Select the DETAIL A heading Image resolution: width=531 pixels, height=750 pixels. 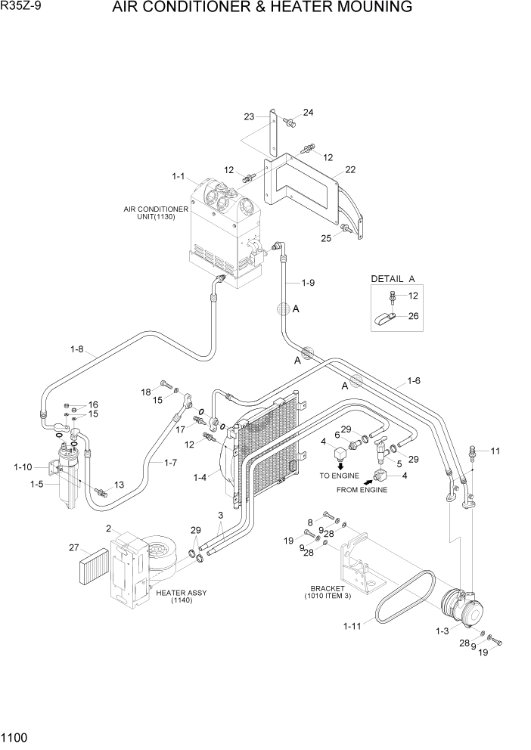tap(393, 279)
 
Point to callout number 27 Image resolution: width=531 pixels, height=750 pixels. tap(73, 548)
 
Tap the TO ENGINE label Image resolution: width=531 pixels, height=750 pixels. tap(337, 476)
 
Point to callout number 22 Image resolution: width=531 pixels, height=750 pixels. tap(349, 169)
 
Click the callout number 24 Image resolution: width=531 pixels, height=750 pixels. tap(308, 113)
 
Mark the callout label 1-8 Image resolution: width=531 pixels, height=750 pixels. tap(76, 349)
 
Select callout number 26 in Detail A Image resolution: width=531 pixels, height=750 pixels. tap(413, 316)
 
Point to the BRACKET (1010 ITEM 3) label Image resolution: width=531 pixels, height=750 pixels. tap(328, 592)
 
